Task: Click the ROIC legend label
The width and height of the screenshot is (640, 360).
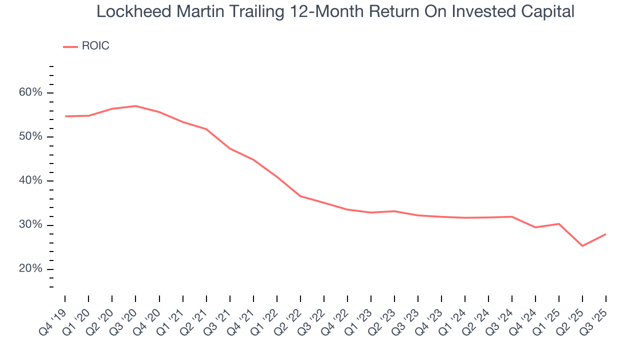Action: [x=95, y=46]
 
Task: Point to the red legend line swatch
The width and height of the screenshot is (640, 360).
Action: [x=70, y=46]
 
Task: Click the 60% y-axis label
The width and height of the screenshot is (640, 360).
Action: [x=31, y=93]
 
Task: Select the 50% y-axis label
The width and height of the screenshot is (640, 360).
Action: [x=31, y=137]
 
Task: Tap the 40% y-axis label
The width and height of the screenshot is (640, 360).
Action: [x=31, y=181]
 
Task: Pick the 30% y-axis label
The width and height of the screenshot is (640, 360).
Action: [x=31, y=225]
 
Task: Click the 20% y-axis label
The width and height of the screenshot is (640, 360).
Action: [x=31, y=269]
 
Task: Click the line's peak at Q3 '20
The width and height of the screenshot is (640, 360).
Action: [x=135, y=106]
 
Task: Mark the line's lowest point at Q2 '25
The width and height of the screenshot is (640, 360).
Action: [x=582, y=245]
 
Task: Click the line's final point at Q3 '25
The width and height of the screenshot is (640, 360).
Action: [x=605, y=234]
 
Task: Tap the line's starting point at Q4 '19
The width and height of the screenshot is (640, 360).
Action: [x=65, y=116]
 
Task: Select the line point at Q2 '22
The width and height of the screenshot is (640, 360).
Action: [x=300, y=196]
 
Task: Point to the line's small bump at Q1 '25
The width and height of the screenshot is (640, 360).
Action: [x=558, y=223]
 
